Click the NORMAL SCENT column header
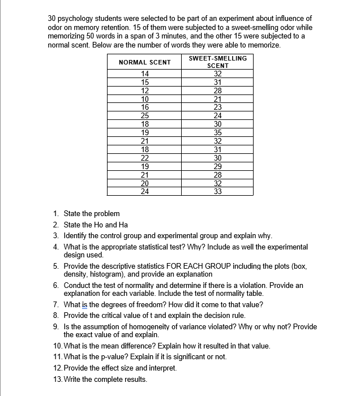tap(145, 62)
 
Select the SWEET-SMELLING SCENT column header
tap(217, 62)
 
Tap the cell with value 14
tap(145, 74)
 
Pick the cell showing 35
tap(218, 132)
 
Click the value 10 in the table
tap(145, 99)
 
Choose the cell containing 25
tap(145, 115)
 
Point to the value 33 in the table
tap(218, 191)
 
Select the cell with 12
tap(145, 91)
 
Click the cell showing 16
tap(145, 107)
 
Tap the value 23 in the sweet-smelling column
tap(218, 107)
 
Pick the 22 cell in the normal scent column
tap(145, 158)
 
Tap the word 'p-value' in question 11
tap(121, 356)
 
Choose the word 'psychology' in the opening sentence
tap(77, 19)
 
